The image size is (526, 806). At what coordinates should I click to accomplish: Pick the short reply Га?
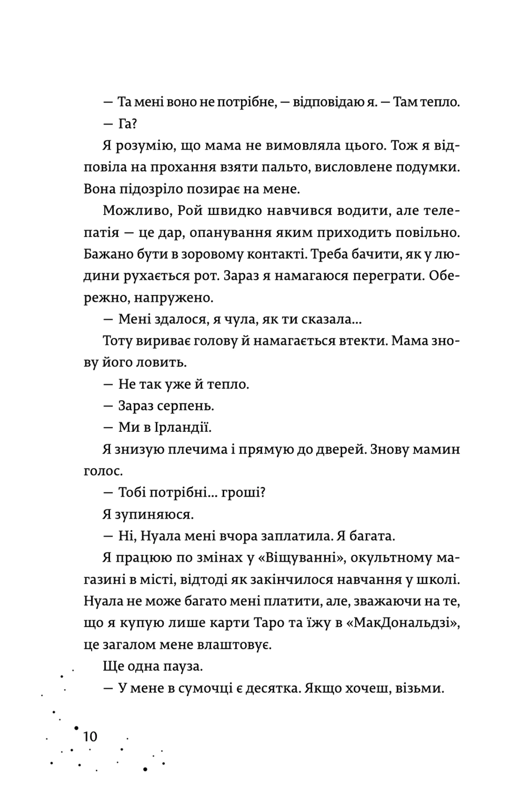click(x=127, y=124)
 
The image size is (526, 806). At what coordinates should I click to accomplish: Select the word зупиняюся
click(x=154, y=514)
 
